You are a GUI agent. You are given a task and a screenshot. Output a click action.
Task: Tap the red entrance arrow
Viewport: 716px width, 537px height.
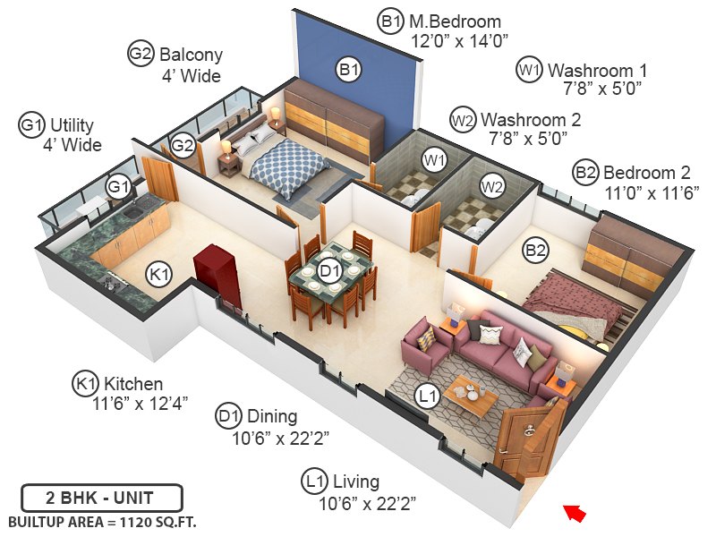(x=574, y=513)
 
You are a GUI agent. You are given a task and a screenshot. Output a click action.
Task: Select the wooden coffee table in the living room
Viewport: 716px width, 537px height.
(x=471, y=394)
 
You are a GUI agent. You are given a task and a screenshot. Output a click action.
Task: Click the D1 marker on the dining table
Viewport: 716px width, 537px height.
(x=330, y=270)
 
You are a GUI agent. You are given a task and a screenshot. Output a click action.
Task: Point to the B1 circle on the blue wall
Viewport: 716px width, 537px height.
(x=348, y=69)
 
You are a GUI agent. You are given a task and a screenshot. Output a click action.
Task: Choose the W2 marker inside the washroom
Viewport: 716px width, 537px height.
(x=491, y=186)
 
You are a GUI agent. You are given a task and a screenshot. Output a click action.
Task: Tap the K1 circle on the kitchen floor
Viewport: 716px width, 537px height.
(x=159, y=275)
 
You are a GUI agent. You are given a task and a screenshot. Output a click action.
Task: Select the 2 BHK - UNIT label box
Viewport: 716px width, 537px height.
(x=102, y=497)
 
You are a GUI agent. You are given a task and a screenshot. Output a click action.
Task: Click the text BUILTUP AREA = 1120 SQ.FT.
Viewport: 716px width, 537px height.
(x=102, y=521)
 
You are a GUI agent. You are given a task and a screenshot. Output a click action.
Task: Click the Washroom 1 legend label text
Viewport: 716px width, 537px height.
(x=597, y=70)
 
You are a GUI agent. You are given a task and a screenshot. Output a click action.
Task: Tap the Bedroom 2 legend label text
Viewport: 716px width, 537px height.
(x=647, y=172)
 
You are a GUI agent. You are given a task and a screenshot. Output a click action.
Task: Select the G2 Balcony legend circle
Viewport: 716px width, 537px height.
(x=141, y=54)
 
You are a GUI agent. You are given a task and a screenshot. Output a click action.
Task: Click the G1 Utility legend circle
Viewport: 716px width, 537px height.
(x=31, y=125)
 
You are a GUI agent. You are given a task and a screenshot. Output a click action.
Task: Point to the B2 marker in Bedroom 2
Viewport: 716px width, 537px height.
(x=535, y=251)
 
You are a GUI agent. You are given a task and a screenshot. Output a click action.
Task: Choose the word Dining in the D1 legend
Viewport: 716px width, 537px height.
(x=272, y=416)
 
